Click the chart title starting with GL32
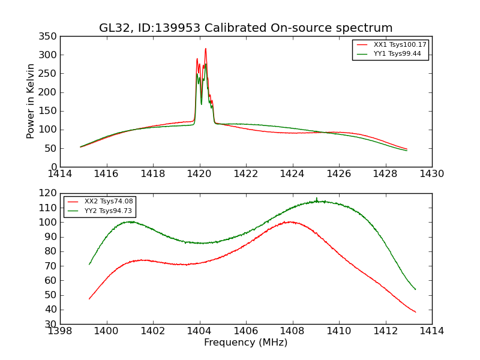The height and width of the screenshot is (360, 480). click(246, 28)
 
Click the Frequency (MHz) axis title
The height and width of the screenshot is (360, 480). click(246, 343)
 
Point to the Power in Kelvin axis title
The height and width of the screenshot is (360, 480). click(31, 101)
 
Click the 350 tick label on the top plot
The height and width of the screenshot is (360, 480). click(49, 37)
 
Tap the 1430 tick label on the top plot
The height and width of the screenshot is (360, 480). click(432, 174)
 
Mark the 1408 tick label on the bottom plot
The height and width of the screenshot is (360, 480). click(292, 331)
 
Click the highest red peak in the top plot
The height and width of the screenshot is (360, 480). click(205, 49)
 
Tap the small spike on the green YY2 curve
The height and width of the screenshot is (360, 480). click(317, 198)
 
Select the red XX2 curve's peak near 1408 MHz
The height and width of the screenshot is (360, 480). click(291, 222)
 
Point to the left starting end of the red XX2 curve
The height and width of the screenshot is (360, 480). click(89, 299)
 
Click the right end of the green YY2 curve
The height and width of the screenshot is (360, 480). click(415, 289)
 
